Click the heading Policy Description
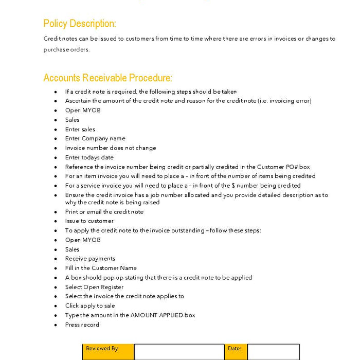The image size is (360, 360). tap(80, 24)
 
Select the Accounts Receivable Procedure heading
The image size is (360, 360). tap(107, 78)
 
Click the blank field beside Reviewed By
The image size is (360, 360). tap(179, 352)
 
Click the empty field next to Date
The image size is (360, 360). tap(273, 352)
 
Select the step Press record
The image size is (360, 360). tap(82, 325)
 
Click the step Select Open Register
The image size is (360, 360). tap(94, 287)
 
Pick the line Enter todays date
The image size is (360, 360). tap(89, 157)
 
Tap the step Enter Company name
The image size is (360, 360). tap(95, 138)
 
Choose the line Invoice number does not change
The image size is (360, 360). tap(110, 148)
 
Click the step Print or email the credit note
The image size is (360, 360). tap(104, 212)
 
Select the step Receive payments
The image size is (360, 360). tap(90, 259)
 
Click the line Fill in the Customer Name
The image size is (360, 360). tap(101, 268)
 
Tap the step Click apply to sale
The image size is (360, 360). tap(90, 305)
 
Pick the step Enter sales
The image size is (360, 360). tap(80, 129)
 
